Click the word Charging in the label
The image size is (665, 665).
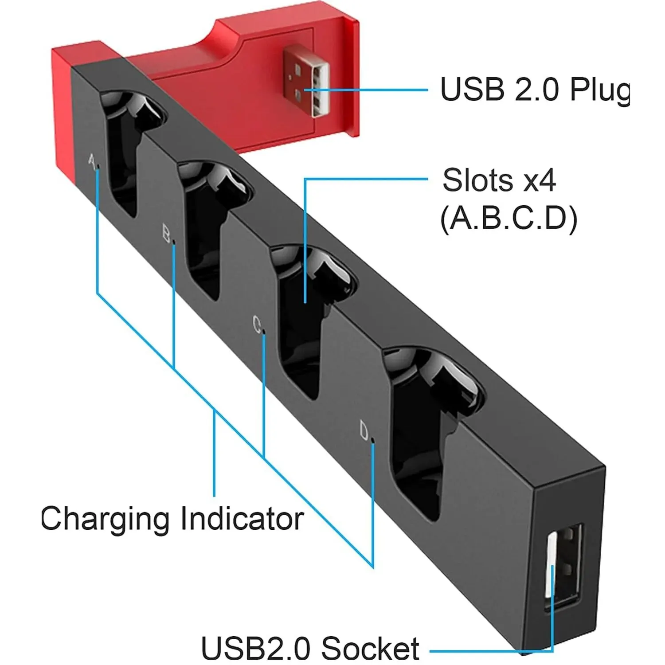pos(105,519)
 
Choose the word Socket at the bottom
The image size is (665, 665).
pos(370,648)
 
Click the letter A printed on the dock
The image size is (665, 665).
pos(92,160)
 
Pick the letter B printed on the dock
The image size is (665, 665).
pos(166,234)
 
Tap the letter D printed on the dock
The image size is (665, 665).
pos(364,430)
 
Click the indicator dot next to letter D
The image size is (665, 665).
pos(372,441)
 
